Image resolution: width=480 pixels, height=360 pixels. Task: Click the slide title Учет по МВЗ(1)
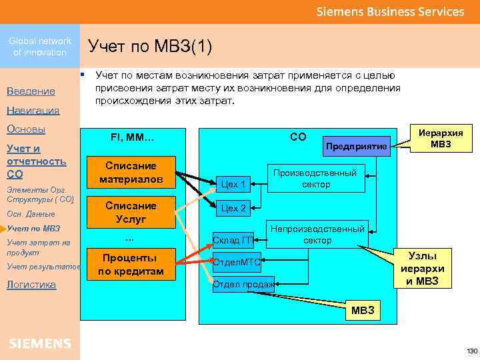(150, 47)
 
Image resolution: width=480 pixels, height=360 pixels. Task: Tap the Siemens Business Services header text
(390, 12)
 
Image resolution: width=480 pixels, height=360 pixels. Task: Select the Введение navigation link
(31, 91)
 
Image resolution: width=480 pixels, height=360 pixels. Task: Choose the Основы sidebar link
(25, 129)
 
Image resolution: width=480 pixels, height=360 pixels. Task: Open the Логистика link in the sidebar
(31, 285)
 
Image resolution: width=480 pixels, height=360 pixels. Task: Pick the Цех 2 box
(233, 208)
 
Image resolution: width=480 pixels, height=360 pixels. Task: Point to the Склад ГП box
(233, 240)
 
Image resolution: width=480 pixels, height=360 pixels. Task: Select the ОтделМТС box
(237, 262)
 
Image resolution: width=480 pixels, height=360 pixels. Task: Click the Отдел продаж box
(243, 285)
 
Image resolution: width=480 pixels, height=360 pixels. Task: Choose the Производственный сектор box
(317, 178)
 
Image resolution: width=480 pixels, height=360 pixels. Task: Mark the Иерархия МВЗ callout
(441, 139)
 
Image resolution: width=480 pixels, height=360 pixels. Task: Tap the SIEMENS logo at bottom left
(40, 343)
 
